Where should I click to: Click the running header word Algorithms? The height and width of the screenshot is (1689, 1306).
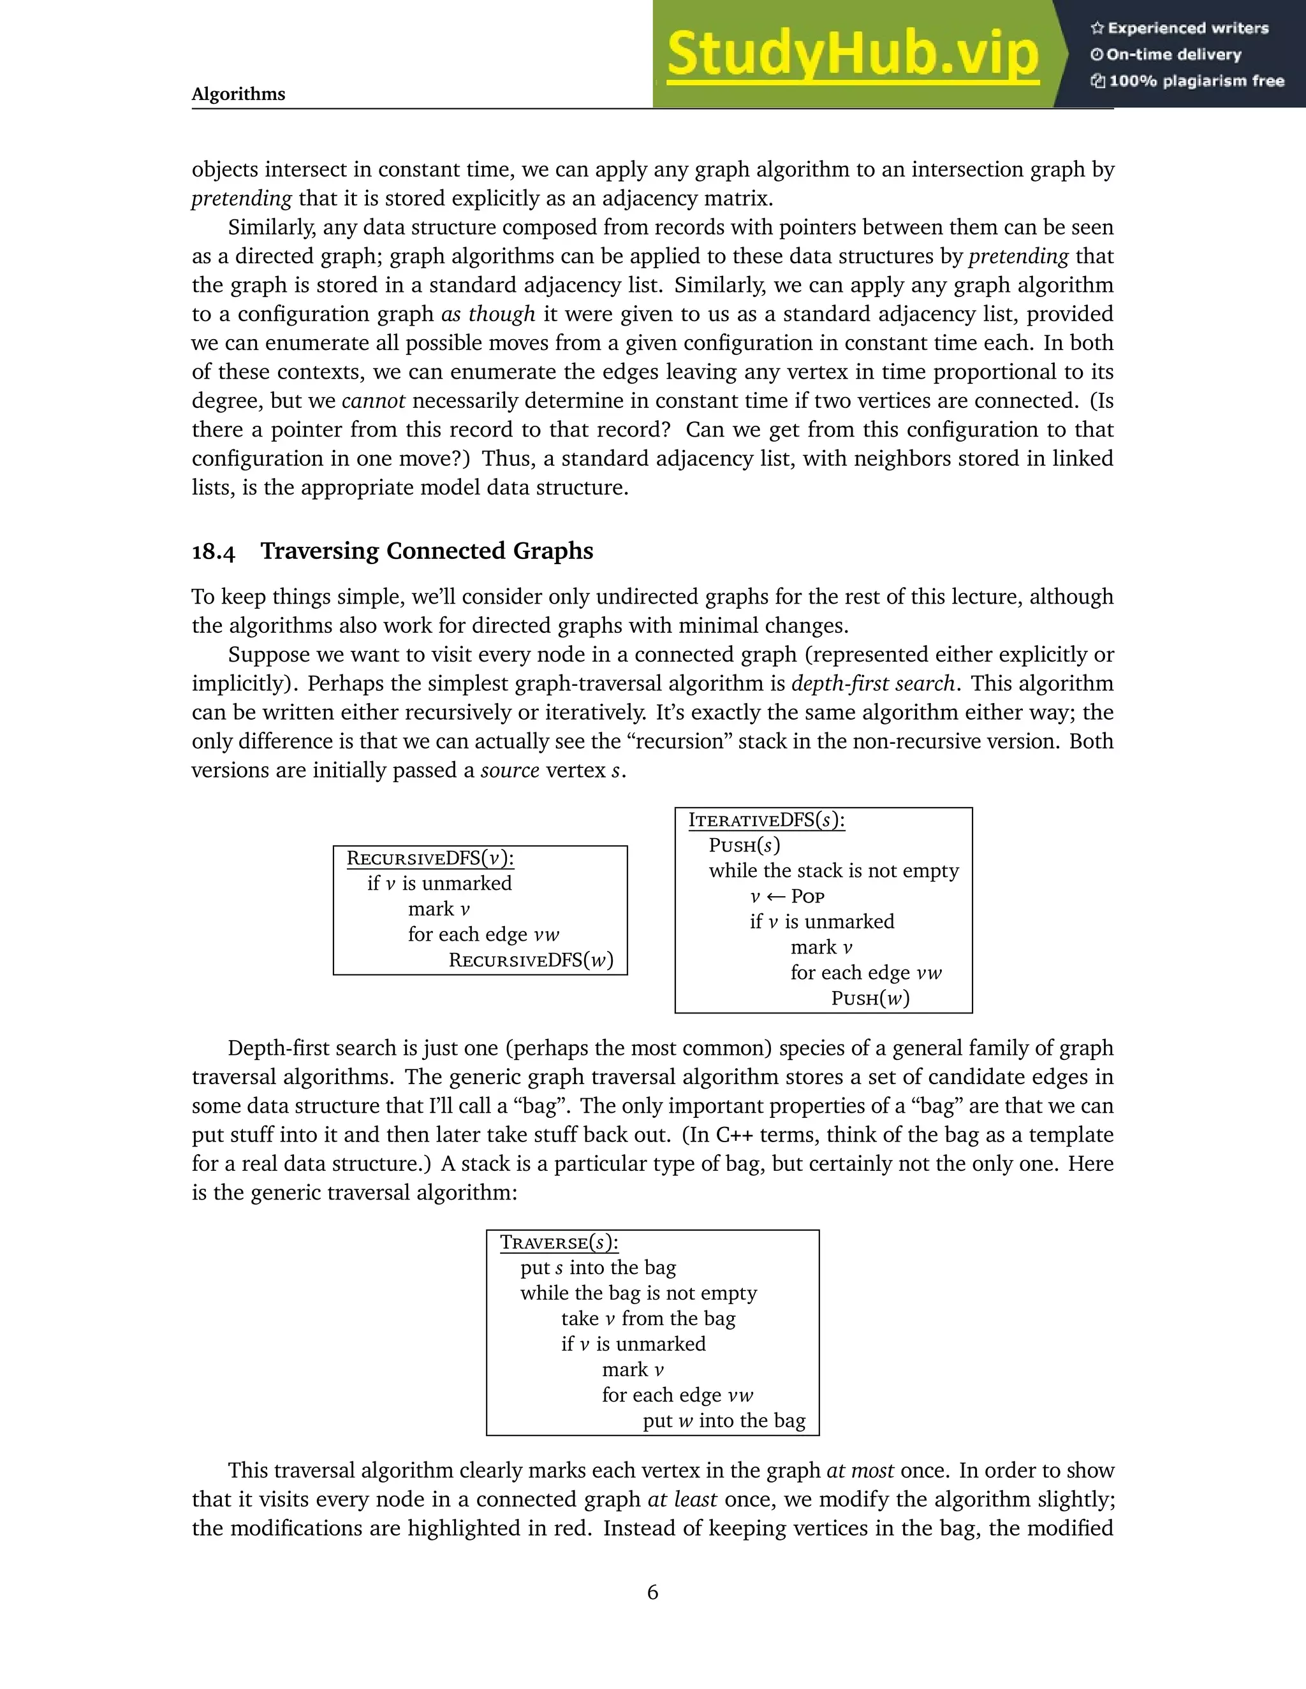[x=238, y=94]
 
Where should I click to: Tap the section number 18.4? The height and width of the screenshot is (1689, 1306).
[x=213, y=551]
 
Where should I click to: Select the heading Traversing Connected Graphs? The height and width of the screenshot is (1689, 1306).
[x=427, y=551]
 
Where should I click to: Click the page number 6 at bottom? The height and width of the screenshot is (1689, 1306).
[x=652, y=1591]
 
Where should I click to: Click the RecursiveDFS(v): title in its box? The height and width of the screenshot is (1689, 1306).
[x=430, y=858]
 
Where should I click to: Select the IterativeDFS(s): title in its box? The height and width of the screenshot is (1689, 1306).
[x=766, y=820]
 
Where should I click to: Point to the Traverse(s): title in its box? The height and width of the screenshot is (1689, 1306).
[x=559, y=1242]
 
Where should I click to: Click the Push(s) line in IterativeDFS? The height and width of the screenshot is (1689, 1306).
[x=744, y=845]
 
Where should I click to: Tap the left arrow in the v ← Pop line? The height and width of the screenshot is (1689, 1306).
[x=776, y=896]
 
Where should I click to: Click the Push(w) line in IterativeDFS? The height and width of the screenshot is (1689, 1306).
[x=870, y=997]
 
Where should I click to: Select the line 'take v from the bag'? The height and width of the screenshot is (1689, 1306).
[x=649, y=1318]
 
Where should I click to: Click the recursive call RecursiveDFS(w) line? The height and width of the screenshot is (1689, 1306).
[x=531, y=960]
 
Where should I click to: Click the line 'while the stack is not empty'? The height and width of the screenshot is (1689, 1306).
[x=833, y=871]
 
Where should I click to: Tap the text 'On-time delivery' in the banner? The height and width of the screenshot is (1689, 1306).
[x=1173, y=54]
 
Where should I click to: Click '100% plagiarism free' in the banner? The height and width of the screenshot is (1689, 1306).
[x=1196, y=81]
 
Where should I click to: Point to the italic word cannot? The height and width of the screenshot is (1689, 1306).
[x=373, y=401]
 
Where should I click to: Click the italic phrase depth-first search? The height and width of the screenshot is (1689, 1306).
[x=873, y=684]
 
